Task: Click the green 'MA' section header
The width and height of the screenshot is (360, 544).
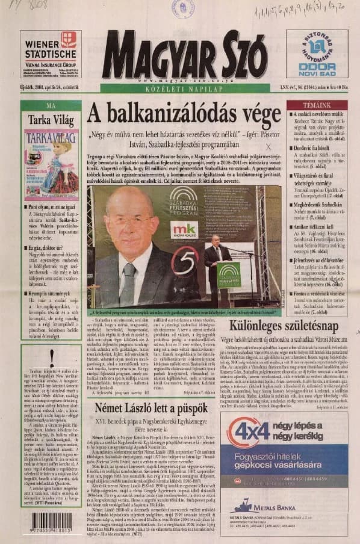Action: tap(51, 105)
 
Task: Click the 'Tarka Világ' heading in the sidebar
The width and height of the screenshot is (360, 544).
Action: tap(51, 120)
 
